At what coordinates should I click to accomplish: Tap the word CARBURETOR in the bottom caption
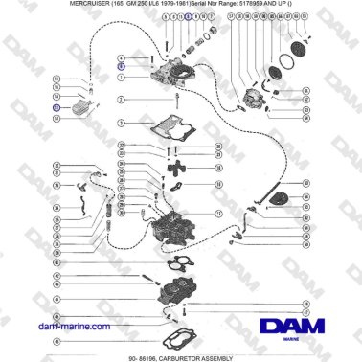189,356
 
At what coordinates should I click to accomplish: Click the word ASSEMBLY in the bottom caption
235,356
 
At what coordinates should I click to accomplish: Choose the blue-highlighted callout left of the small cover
56,108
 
